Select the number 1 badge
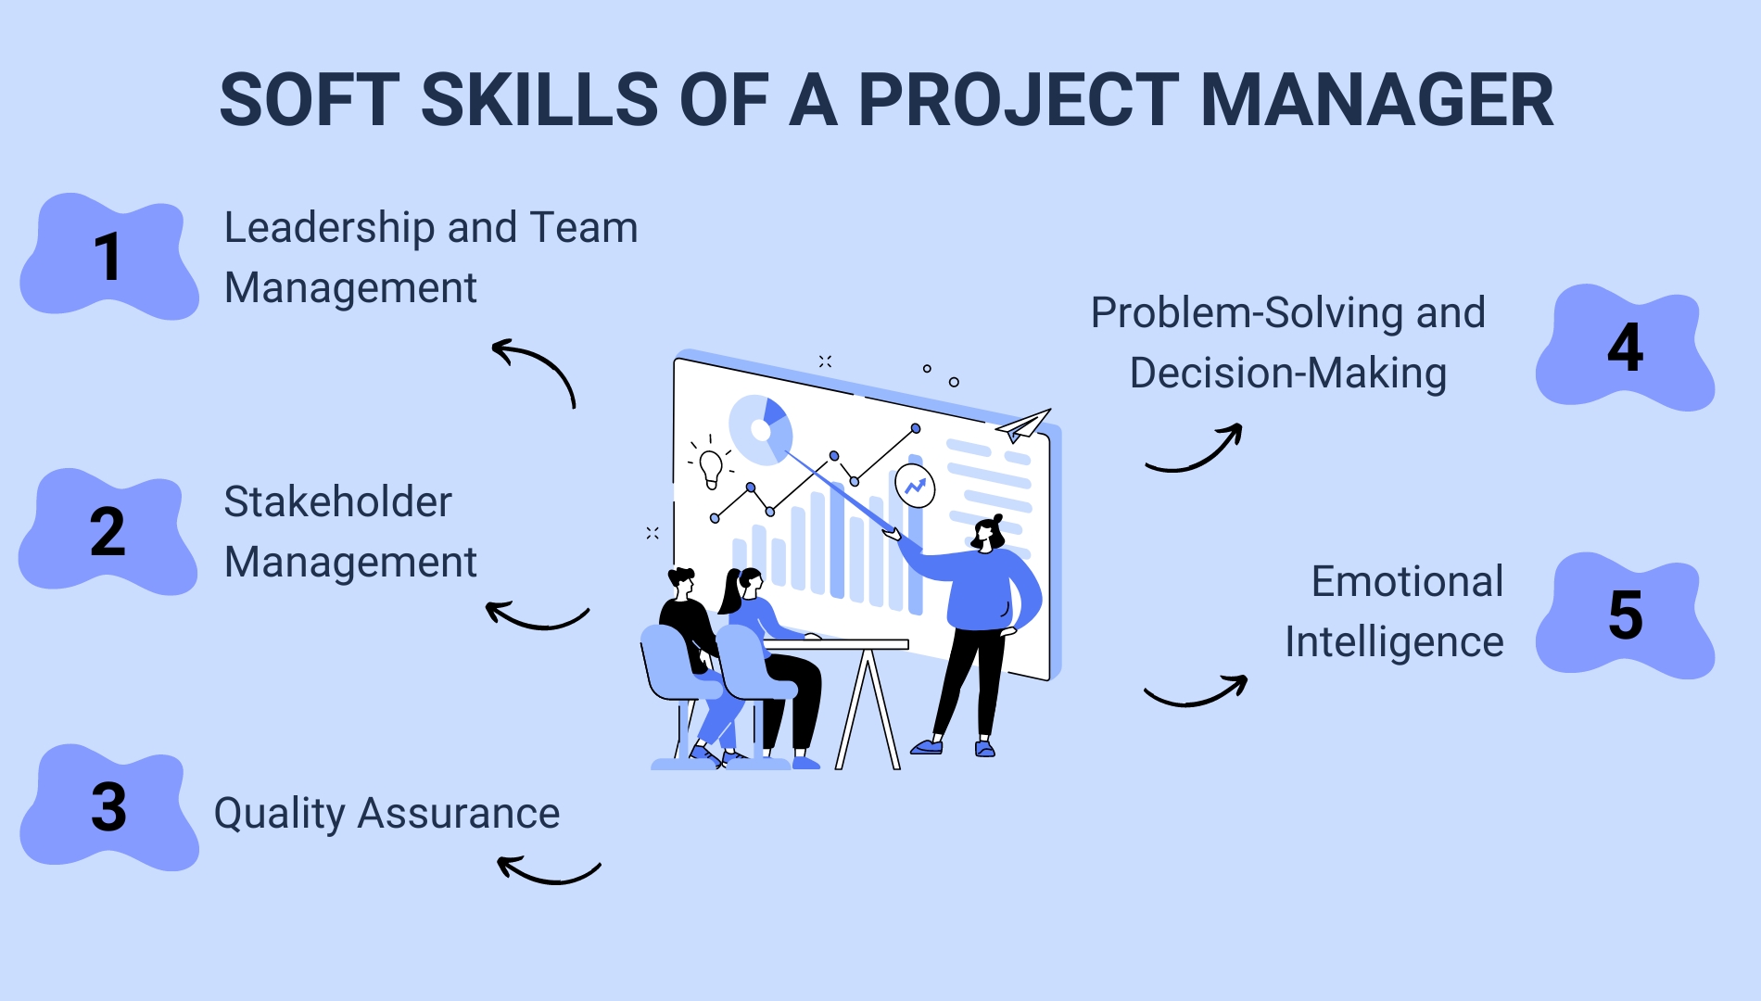point(109,258)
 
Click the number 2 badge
point(108,532)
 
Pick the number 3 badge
point(109,807)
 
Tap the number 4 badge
point(1625,348)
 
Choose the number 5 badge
point(1625,615)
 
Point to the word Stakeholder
point(337,502)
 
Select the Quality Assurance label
point(386,814)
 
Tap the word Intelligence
point(1393,642)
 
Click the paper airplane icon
point(1023,425)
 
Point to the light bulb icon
point(711,466)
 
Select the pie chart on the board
point(761,429)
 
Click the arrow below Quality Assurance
point(548,870)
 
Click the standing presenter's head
point(988,533)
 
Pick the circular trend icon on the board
point(915,487)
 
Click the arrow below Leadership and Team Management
point(537,370)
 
